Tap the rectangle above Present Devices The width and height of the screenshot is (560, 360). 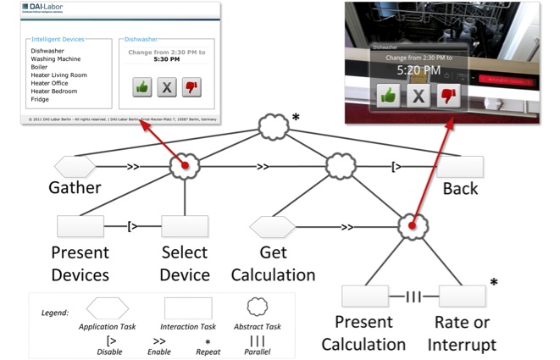click(x=81, y=226)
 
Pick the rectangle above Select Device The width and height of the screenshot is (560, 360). click(x=185, y=226)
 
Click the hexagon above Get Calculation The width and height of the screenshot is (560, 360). click(x=273, y=226)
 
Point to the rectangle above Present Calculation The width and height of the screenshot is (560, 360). click(x=364, y=296)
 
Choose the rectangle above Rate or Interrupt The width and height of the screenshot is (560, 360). click(x=462, y=296)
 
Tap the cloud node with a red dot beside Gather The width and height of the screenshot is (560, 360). click(x=184, y=166)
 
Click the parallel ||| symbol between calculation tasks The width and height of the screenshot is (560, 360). click(x=413, y=296)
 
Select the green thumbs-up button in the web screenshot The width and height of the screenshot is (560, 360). click(x=142, y=86)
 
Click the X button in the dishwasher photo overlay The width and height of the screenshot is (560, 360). click(x=417, y=95)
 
